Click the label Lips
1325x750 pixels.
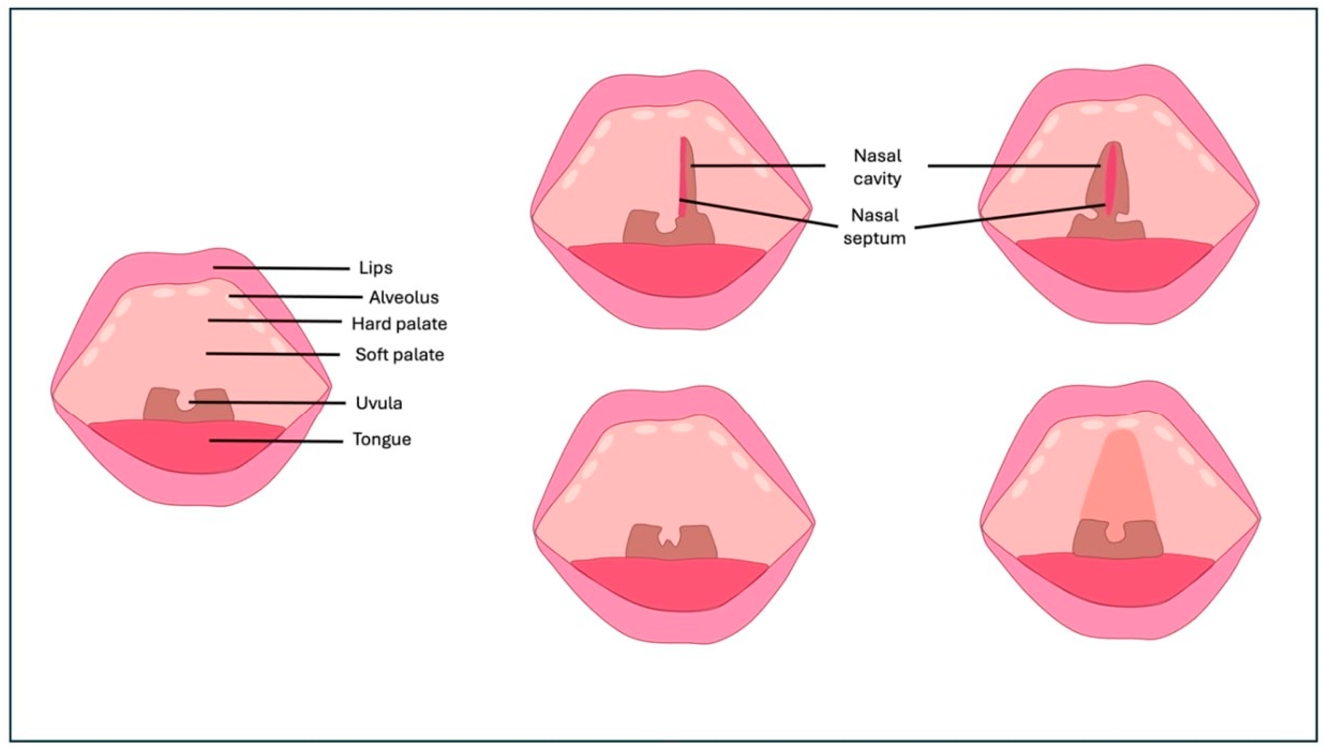(376, 268)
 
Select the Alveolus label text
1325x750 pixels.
(404, 297)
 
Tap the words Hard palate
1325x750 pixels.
(399, 324)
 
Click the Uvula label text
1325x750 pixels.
(379, 403)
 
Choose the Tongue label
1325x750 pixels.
(382, 440)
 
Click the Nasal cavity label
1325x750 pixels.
(877, 167)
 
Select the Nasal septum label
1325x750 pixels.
(874, 226)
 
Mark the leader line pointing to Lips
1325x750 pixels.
(281, 268)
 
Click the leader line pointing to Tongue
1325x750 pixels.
(276, 441)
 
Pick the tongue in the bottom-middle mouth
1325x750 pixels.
(670, 582)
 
